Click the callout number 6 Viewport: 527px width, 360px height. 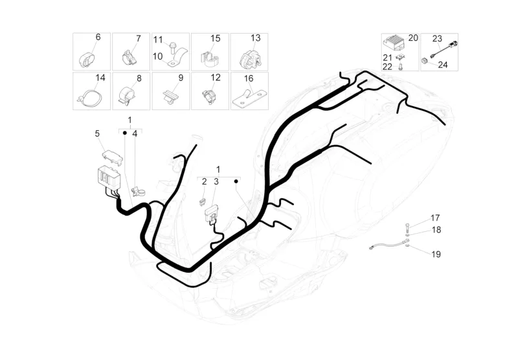click(98, 38)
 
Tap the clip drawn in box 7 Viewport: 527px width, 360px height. click(129, 58)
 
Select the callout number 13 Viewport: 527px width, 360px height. click(256, 38)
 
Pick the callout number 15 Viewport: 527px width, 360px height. click(216, 38)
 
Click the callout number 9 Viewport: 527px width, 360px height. click(181, 78)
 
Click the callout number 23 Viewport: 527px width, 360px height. click(437, 38)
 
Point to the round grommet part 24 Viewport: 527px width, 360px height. click(425, 61)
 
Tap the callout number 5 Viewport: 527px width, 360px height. click(97, 133)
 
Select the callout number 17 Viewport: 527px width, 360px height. click(435, 218)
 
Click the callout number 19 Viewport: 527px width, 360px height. click(436, 254)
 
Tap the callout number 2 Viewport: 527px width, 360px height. click(204, 182)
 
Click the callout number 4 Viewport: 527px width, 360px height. click(135, 133)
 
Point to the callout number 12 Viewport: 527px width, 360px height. click(216, 77)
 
